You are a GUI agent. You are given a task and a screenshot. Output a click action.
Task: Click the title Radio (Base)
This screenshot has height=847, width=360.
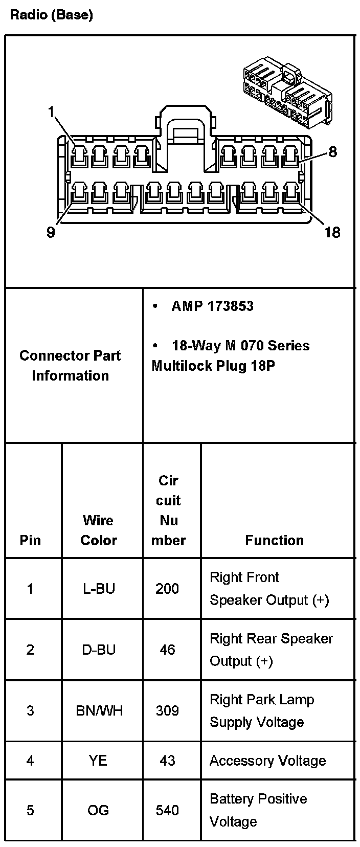(51, 15)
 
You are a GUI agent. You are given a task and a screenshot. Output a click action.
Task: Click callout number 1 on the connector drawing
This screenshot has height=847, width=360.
(51, 111)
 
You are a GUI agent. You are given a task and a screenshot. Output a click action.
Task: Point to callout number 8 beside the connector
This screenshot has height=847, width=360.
(333, 152)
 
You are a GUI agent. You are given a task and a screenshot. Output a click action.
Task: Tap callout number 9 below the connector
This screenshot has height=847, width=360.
(51, 232)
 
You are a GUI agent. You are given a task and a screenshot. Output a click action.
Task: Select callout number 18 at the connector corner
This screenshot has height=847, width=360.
(332, 232)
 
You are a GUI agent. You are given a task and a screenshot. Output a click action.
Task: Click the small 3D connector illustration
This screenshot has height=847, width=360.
(287, 93)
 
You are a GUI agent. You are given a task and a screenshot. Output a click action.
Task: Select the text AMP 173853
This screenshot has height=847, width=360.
(212, 306)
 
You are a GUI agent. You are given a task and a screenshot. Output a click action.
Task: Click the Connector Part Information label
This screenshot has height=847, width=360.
(70, 365)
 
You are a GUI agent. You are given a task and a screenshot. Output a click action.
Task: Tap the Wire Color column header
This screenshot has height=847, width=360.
(99, 530)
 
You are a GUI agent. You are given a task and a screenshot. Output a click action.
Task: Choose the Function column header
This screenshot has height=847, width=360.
(274, 540)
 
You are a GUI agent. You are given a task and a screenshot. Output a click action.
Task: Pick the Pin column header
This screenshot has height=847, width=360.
(30, 540)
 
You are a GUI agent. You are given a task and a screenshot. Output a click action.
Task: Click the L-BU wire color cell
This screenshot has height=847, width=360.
(99, 589)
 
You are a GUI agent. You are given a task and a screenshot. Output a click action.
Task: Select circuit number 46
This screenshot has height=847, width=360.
(167, 650)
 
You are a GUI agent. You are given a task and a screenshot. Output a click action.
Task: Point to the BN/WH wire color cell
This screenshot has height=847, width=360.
(99, 710)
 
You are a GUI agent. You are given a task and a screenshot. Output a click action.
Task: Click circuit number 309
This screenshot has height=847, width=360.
(167, 710)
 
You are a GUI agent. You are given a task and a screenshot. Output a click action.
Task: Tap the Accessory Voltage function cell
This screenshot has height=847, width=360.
(267, 761)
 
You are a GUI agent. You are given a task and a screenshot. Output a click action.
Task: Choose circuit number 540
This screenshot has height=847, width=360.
(167, 810)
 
